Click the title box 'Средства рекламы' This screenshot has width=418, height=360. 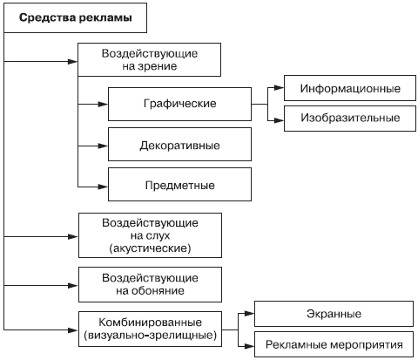[75, 17]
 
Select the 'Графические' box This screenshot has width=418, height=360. [179, 104]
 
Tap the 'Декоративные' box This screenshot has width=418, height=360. [179, 144]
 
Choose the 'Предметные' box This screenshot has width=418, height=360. [179, 184]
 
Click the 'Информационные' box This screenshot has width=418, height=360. [350, 88]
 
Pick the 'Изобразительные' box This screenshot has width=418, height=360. [350, 119]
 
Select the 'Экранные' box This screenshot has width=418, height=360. [334, 314]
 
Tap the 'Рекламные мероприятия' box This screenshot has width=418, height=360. [334, 344]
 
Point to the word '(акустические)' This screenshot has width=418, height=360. [150, 248]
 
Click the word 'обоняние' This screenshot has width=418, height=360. [158, 290]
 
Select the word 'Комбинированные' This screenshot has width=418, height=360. [150, 323]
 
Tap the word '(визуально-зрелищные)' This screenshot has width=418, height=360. [150, 336]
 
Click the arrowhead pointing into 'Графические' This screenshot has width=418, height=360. [103, 104]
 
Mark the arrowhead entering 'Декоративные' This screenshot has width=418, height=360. [103, 146]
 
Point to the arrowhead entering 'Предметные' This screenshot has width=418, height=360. [103, 187]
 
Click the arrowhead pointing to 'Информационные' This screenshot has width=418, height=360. [279, 88]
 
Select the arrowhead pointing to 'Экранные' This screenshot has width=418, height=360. [249, 314]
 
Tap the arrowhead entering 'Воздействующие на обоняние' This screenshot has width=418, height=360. [73, 286]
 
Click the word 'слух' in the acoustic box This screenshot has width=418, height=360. [158, 236]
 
